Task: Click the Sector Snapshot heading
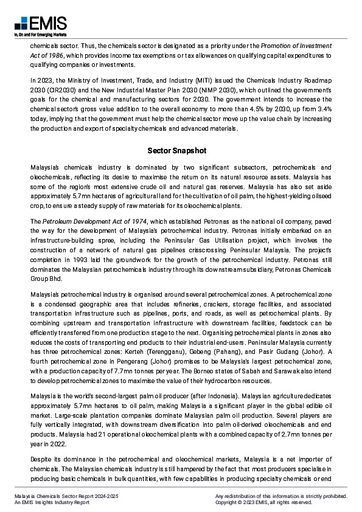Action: click(x=181, y=150)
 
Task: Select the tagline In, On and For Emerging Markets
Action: click(x=40, y=35)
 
